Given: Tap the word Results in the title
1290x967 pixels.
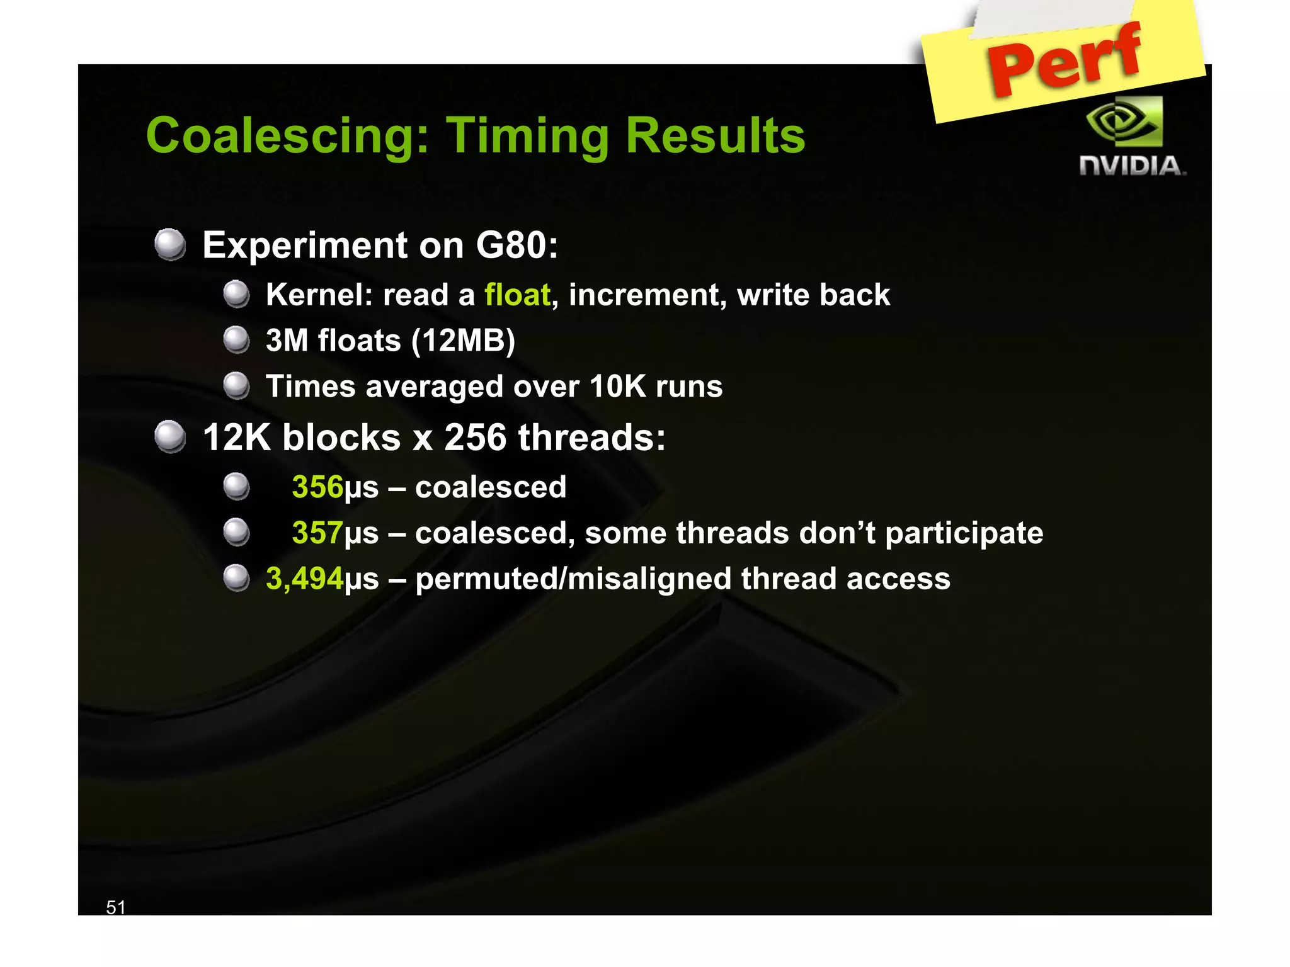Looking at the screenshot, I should [715, 136].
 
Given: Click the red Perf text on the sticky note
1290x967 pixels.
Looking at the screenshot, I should [1065, 60].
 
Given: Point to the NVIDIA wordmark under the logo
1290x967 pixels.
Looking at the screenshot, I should [1132, 166].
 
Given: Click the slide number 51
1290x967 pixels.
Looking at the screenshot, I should [116, 907].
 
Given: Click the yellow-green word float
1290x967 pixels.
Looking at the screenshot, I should [517, 295].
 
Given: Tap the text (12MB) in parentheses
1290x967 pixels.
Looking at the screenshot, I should [463, 341].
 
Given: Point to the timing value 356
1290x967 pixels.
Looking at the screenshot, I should [317, 487].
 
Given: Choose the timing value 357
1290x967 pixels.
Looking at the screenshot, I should [317, 533].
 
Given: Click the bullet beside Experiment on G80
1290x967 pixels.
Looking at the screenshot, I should [170, 244].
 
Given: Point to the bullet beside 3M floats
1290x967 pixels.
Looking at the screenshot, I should [237, 340].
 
